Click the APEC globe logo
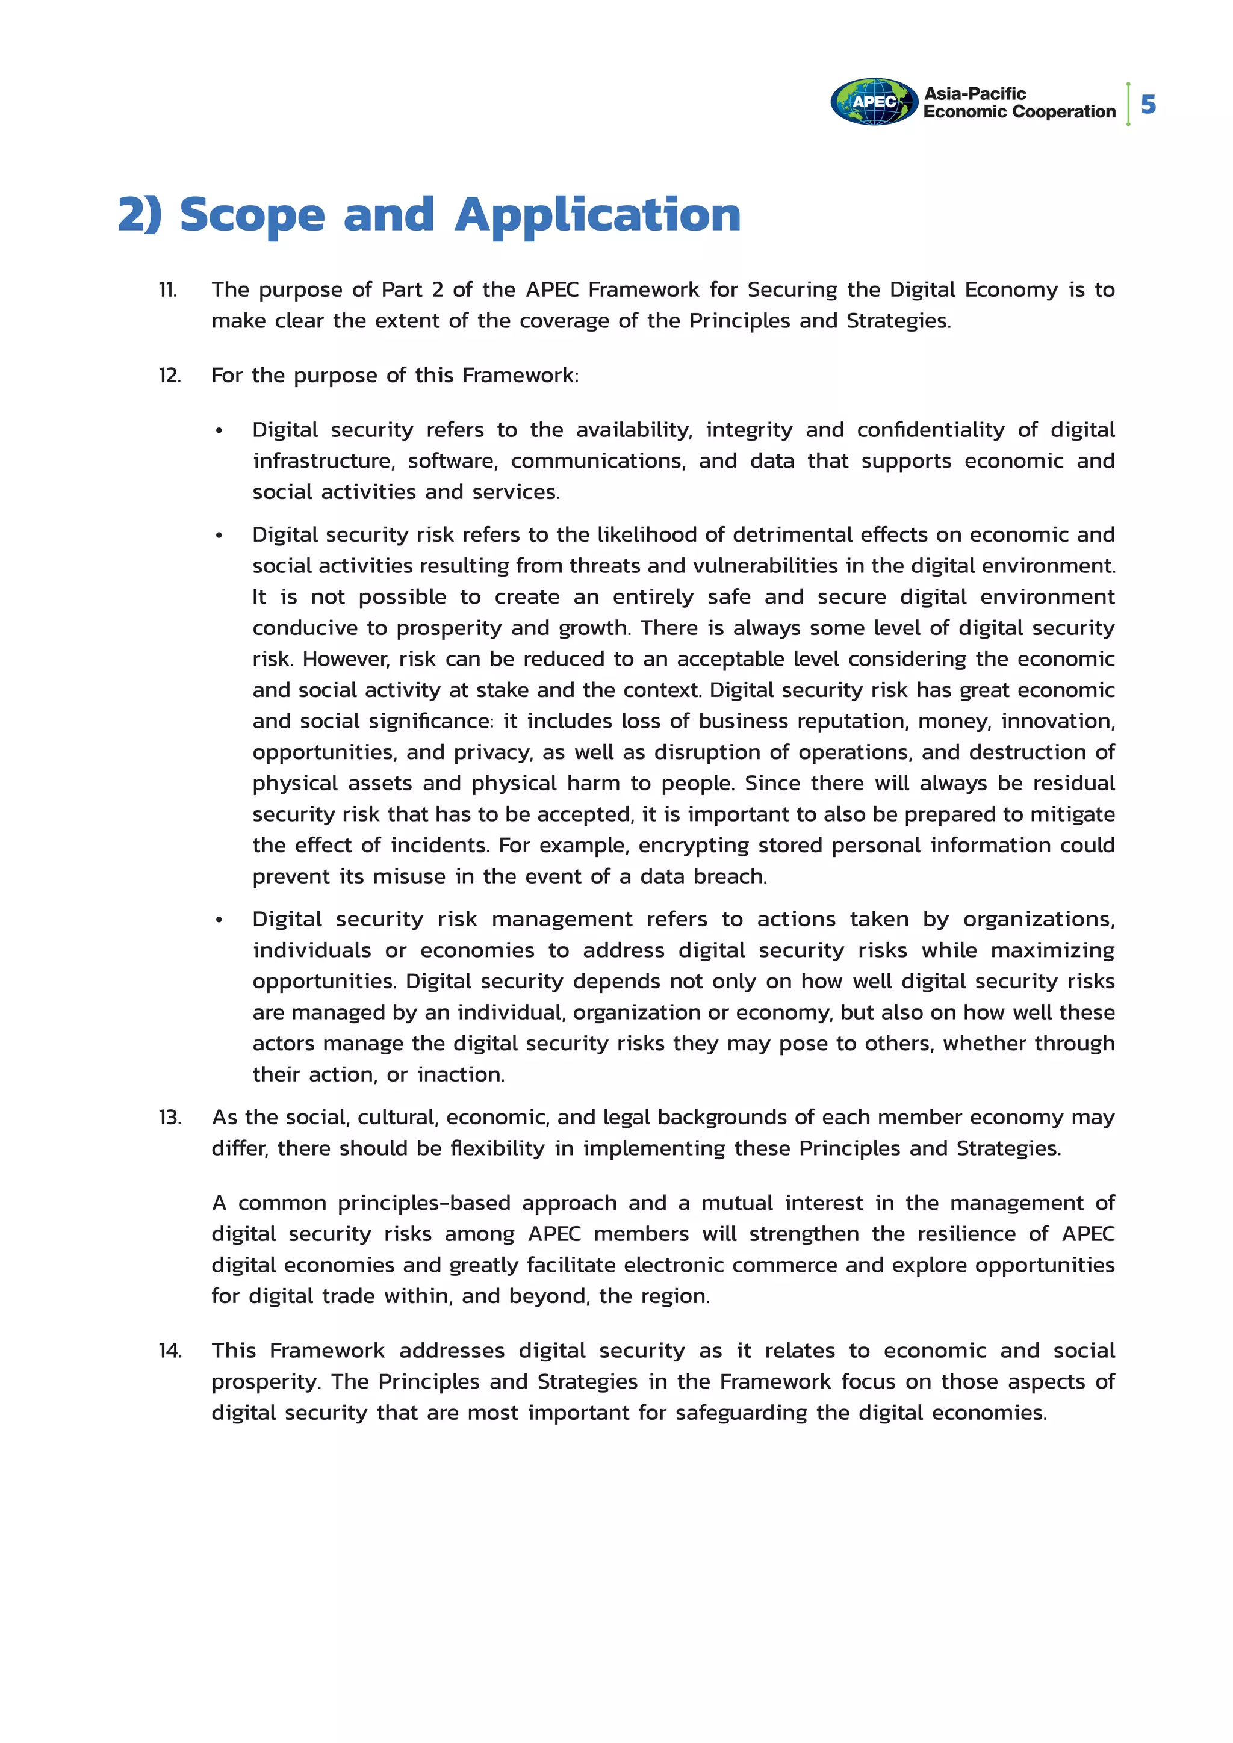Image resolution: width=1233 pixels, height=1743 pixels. (874, 102)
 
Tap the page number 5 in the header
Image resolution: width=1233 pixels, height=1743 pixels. (1148, 104)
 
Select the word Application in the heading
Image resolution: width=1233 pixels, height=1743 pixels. (597, 215)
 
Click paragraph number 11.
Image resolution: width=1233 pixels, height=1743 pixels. (168, 290)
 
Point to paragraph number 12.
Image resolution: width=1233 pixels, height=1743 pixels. (169, 376)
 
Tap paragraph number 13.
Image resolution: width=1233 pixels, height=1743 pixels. (169, 1118)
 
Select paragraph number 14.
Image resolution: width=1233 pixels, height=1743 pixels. (170, 1351)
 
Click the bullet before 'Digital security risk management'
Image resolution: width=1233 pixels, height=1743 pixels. (219, 920)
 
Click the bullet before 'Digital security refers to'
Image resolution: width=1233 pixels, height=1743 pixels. (219, 430)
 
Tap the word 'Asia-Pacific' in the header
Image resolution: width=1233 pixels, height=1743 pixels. (975, 94)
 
